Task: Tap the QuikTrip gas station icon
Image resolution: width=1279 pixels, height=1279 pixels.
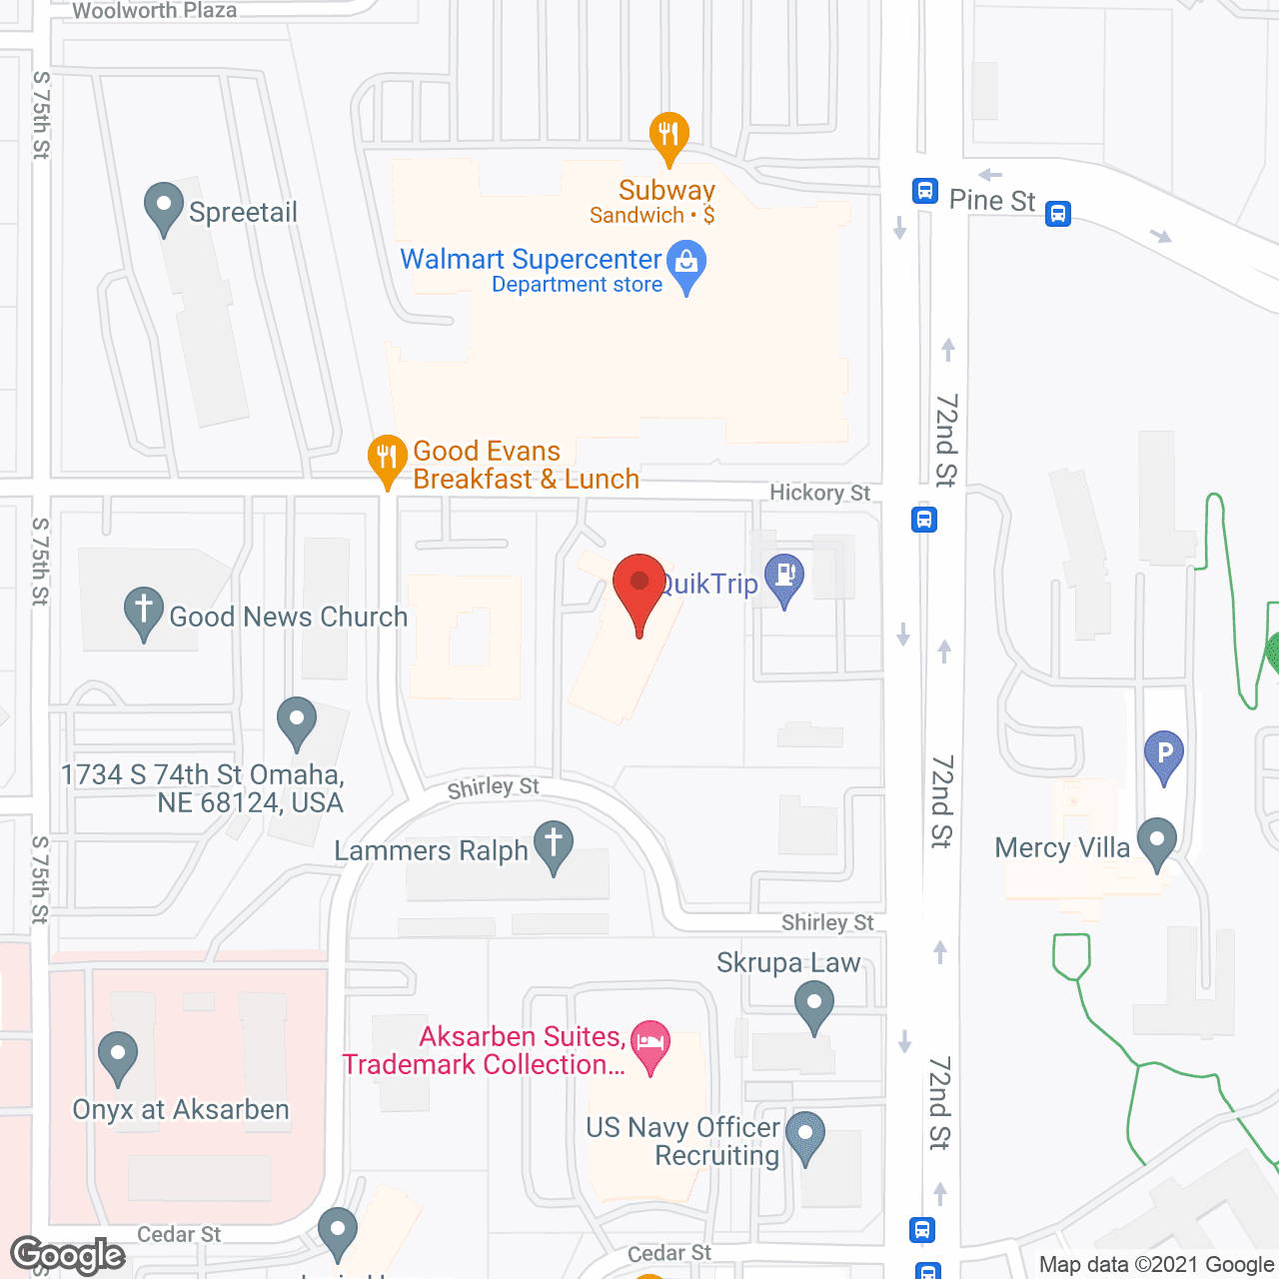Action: (784, 578)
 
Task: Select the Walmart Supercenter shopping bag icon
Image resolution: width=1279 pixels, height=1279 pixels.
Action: (686, 265)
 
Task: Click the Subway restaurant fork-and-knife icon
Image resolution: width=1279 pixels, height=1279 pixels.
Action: (668, 135)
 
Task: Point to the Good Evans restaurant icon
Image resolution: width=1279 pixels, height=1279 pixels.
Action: (387, 459)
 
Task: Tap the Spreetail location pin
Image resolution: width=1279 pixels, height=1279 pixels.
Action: (164, 207)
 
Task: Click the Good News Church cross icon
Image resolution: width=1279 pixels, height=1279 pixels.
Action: (144, 610)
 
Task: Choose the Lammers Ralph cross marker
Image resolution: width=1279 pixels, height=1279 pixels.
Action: (554, 844)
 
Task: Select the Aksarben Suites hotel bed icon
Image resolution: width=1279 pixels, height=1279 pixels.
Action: (650, 1043)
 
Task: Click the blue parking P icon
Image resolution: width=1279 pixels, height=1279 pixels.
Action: (1164, 754)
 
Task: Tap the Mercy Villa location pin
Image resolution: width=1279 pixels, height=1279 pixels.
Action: (1157, 841)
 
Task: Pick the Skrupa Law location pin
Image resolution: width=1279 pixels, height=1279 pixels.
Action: (814, 1004)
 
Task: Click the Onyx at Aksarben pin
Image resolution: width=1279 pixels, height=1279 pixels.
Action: (118, 1055)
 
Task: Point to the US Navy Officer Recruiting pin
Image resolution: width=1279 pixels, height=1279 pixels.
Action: (805, 1135)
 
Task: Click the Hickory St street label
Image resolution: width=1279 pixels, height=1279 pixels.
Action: (819, 493)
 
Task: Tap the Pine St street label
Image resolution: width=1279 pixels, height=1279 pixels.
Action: (991, 201)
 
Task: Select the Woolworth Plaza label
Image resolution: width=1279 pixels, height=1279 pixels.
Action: (155, 11)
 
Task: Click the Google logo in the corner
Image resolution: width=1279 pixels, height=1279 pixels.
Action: (67, 1255)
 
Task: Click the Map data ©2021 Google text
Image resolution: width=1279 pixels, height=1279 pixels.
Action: (1157, 1265)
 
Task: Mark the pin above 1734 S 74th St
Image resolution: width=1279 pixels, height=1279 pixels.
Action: (297, 720)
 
